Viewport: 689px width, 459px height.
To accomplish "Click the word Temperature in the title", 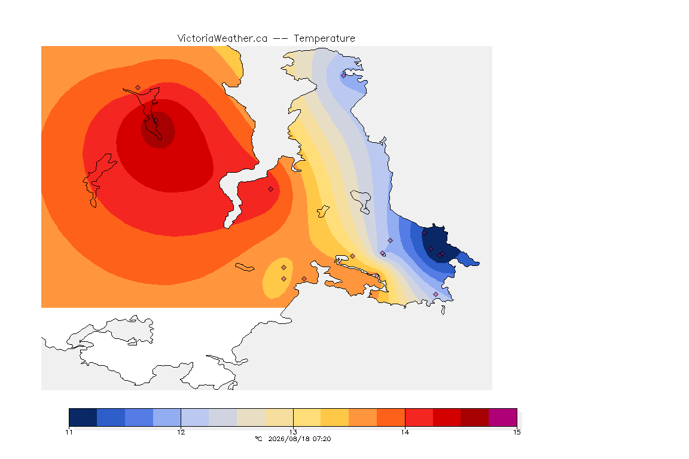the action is [x=324, y=39].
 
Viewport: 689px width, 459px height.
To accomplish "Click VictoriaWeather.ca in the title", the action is [x=222, y=39].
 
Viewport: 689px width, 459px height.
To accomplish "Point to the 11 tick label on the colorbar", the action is [x=69, y=432].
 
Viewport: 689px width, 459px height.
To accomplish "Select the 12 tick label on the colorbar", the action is [x=181, y=432].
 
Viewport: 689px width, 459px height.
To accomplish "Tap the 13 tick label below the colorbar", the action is [x=293, y=432].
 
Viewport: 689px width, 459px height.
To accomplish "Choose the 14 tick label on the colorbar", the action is [x=405, y=432].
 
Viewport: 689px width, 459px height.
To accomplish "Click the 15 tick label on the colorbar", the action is [x=517, y=432].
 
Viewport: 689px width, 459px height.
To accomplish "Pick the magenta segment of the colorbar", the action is [x=502, y=417].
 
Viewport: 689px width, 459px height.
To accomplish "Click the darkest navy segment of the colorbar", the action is [x=83, y=417].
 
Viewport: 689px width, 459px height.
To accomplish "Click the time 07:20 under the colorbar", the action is [x=321, y=439].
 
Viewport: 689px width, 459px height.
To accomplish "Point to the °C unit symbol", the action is [x=258, y=439].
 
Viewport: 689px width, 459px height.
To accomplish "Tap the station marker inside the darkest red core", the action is [x=156, y=121].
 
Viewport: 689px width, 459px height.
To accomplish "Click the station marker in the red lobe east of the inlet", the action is [x=271, y=189].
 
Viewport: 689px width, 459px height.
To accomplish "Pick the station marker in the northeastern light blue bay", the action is [x=344, y=75].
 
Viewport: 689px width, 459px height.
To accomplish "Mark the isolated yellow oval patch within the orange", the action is [x=278, y=278].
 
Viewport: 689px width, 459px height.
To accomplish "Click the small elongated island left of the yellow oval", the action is [x=245, y=267].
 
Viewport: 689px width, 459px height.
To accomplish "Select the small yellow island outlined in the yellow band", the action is [x=323, y=212].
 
